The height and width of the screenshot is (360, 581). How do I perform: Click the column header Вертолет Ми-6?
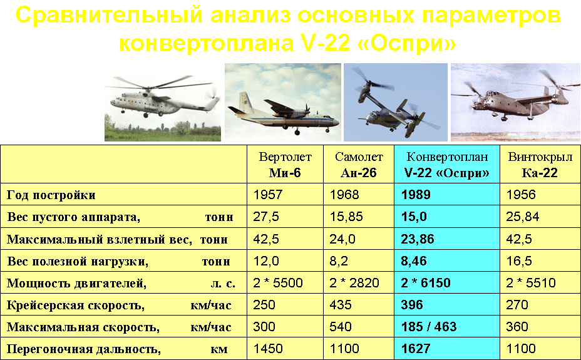point(285,165)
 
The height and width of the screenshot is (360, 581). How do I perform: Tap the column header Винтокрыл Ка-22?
point(533,165)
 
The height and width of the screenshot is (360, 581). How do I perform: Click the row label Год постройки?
point(51,195)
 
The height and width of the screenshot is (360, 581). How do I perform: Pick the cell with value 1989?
point(416,195)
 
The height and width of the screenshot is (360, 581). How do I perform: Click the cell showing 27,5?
point(266,217)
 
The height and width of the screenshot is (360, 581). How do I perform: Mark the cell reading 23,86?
point(418,239)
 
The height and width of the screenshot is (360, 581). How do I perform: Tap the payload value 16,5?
point(520,261)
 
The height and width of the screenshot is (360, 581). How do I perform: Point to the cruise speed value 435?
point(339,305)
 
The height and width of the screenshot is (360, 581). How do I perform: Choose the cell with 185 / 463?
point(429,327)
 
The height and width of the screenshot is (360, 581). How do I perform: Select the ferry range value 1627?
point(416,349)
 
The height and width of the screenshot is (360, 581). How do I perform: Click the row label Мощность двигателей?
point(76,283)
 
